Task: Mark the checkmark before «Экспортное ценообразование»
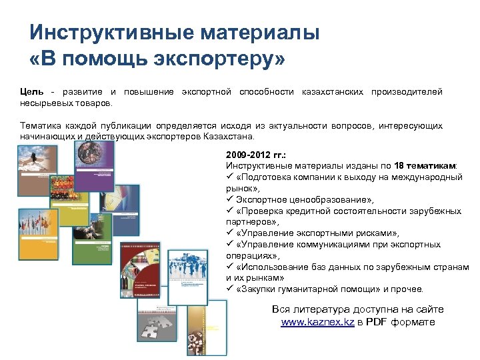coord(230,199)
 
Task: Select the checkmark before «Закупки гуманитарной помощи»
coord(230,289)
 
